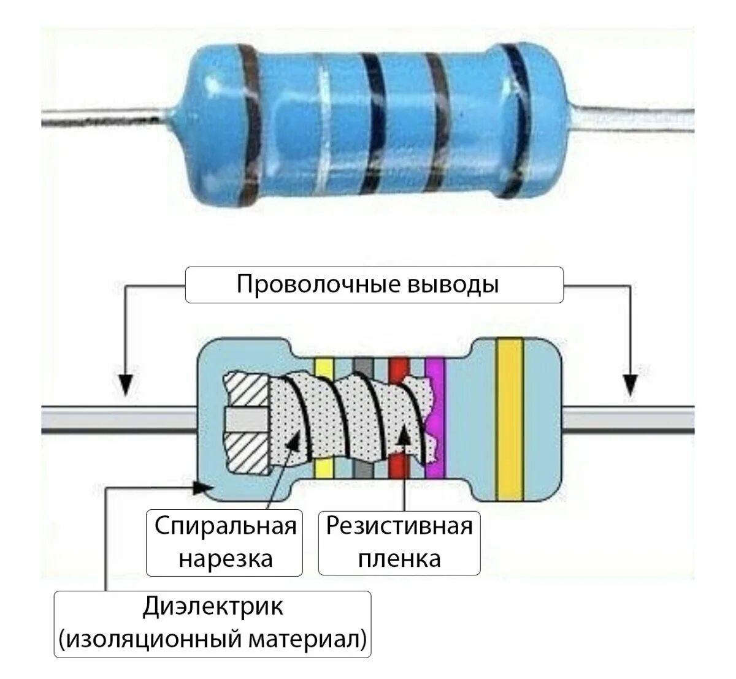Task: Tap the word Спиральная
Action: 225,526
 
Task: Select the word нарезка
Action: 225,558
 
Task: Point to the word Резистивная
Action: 399,526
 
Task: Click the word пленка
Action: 399,558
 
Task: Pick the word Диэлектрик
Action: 213,607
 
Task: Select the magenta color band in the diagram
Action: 435,417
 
